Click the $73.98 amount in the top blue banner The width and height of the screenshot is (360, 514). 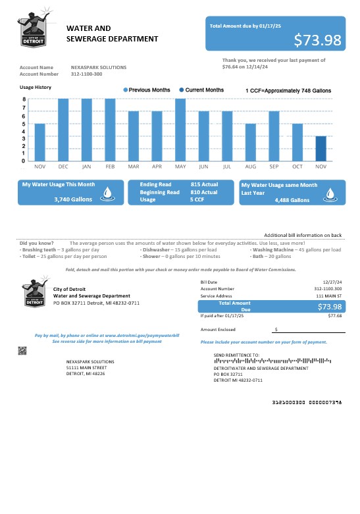[317, 40]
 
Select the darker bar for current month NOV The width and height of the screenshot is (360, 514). [321, 148]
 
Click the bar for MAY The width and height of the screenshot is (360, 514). [180, 130]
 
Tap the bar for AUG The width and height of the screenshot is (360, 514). [250, 142]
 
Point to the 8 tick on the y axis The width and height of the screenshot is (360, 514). [24, 99]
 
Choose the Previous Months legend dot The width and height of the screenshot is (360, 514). [125, 90]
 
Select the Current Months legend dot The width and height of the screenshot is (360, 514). [181, 90]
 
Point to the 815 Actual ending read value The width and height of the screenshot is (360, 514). [204, 184]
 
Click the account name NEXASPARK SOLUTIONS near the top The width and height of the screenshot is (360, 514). [99, 67]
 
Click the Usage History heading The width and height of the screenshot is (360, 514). [36, 87]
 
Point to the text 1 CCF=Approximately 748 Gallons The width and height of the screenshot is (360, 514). [288, 90]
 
